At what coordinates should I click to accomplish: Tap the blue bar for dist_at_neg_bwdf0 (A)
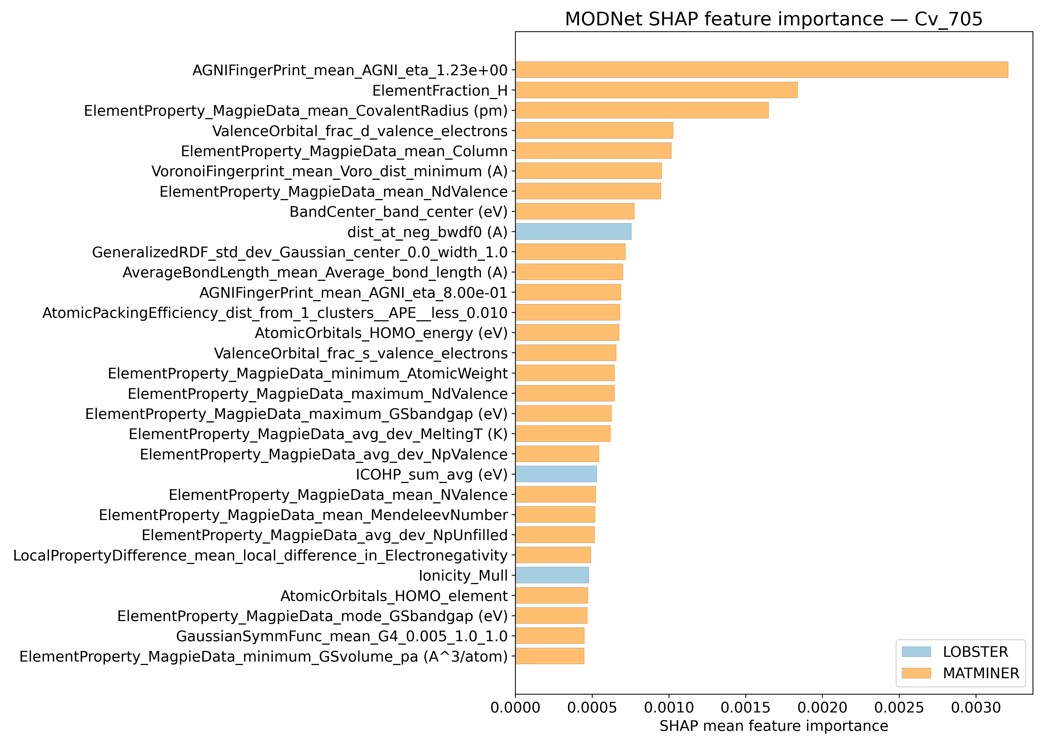[x=573, y=232]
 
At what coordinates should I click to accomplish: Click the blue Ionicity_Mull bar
[x=552, y=575]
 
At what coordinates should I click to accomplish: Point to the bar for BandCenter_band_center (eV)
[x=574, y=212]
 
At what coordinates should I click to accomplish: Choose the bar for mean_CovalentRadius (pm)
[x=641, y=111]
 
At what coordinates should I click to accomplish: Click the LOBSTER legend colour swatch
[x=916, y=652]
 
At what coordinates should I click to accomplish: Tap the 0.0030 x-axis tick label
[x=976, y=708]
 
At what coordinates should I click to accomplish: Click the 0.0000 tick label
[x=515, y=708]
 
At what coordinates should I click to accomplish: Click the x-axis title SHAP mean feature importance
[x=774, y=726]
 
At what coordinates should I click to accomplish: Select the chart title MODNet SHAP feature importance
[x=774, y=19]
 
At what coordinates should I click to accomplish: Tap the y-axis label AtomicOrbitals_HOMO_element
[x=394, y=596]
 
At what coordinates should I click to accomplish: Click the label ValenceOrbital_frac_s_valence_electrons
[x=361, y=353]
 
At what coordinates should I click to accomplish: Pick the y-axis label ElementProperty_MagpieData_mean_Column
[x=344, y=151]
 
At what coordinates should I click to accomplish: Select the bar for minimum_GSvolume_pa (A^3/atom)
[x=550, y=656]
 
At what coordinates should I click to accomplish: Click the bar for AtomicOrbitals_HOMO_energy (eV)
[x=567, y=333]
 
